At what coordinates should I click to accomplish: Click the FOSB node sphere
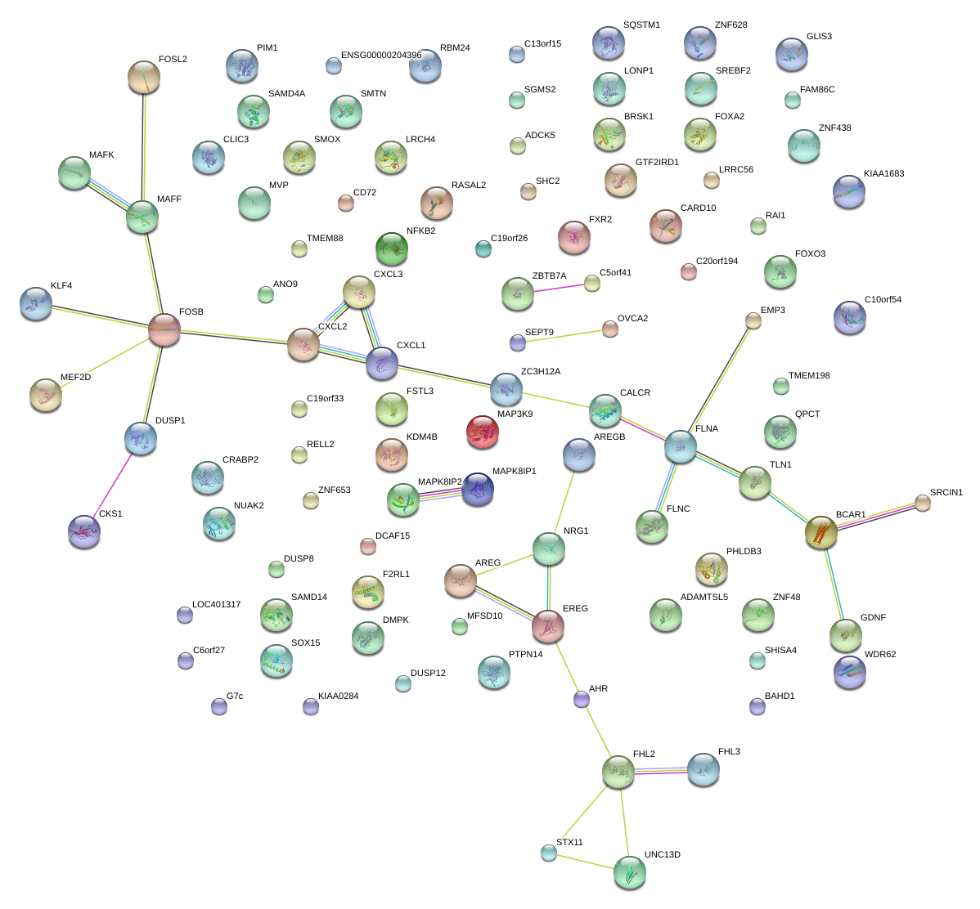tap(164, 329)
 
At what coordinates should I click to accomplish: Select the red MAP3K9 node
tap(482, 432)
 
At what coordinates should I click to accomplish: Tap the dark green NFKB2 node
tap(391, 248)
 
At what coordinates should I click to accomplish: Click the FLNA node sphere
tap(681, 446)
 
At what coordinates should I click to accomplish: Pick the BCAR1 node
tap(821, 533)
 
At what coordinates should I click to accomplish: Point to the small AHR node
tap(582, 699)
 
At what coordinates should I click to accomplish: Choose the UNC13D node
tap(629, 872)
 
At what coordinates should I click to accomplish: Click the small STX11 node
tap(549, 853)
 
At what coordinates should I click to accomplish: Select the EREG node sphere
tap(548, 626)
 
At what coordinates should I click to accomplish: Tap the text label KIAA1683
tap(883, 174)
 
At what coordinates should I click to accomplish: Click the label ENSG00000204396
tap(381, 56)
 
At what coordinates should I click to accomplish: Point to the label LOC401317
tap(216, 605)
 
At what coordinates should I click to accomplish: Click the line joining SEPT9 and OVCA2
tap(564, 336)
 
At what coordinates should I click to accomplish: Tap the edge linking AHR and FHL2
tap(599, 733)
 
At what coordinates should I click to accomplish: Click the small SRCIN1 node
tap(923, 503)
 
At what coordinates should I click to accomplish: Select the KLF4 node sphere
tap(35, 303)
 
